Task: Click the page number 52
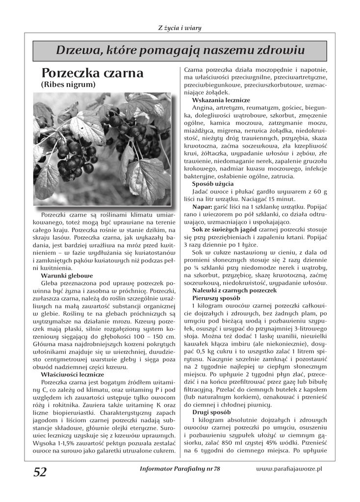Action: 40,472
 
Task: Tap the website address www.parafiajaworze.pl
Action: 288,469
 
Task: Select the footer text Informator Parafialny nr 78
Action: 180,469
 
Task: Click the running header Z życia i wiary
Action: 180,27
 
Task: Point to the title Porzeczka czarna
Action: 92,73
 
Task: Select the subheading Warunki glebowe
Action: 67,276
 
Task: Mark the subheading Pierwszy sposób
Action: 216,298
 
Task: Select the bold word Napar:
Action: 202,207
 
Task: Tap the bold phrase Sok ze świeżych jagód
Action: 224,230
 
